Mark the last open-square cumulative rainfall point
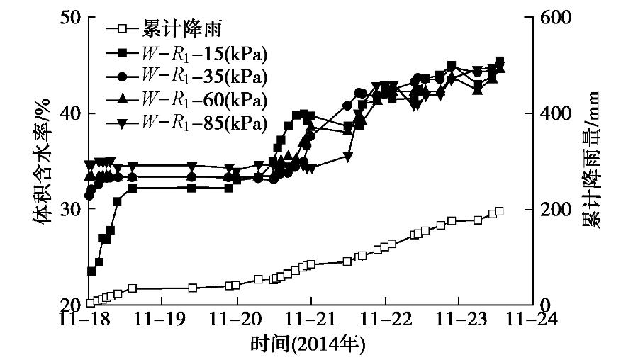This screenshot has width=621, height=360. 499,211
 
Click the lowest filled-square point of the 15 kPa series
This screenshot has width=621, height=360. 91,271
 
